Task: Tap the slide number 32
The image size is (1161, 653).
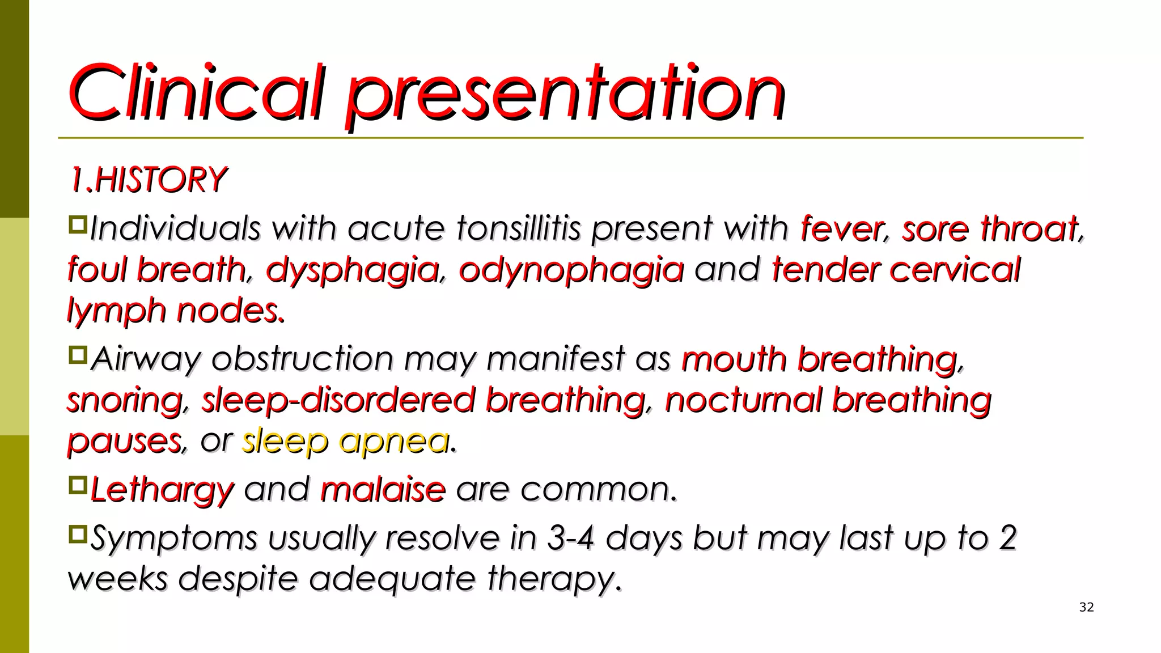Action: coord(1086,608)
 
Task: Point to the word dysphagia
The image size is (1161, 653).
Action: coord(353,270)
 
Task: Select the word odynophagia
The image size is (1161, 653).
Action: coord(571,270)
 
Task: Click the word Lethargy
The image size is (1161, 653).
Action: coord(162,490)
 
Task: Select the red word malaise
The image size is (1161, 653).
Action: coord(383,490)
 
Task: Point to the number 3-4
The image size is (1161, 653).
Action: coord(570,538)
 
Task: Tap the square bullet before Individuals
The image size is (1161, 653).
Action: coord(77,225)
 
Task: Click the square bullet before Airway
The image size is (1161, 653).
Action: coord(77,355)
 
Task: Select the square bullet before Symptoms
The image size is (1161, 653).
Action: coord(77,534)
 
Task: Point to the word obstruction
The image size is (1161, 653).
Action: coord(302,359)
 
